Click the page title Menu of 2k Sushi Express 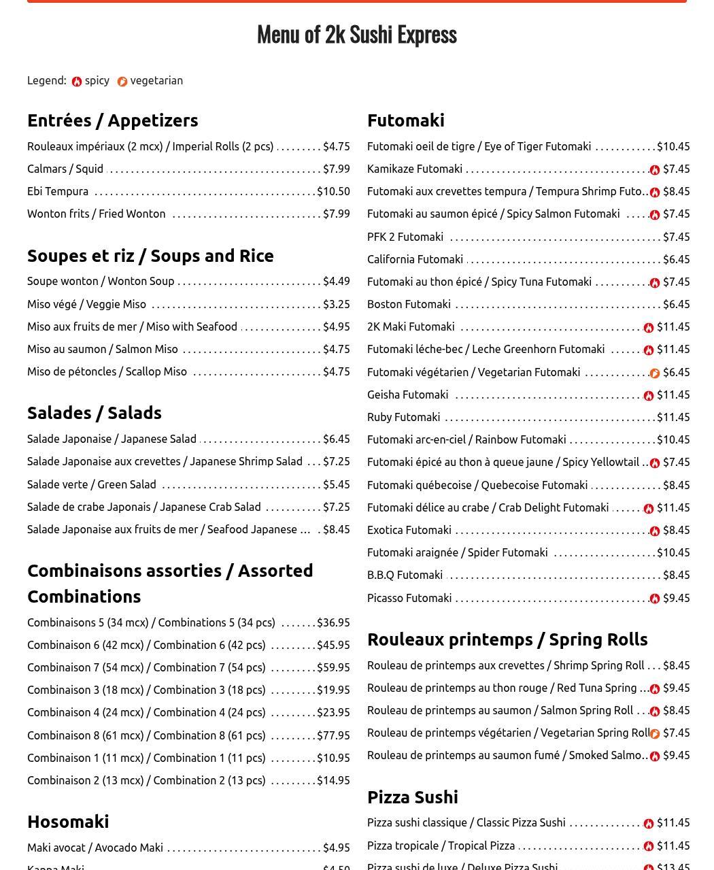click(x=356, y=34)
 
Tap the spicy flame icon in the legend click(x=77, y=82)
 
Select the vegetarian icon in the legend click(x=122, y=82)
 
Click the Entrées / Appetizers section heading click(x=113, y=120)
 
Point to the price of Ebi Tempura click(x=333, y=192)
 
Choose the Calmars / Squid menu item click(x=65, y=169)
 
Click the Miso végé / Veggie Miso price click(x=336, y=304)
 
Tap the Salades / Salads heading click(x=95, y=413)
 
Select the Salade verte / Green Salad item click(x=92, y=484)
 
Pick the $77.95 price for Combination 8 click(x=333, y=735)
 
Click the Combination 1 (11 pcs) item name click(x=146, y=758)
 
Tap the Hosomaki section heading click(x=68, y=822)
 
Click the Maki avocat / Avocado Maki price click(x=336, y=848)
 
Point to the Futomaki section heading click(x=406, y=120)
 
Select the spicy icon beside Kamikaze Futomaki click(x=655, y=169)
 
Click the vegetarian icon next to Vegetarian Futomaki click(x=655, y=373)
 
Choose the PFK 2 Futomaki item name click(x=405, y=237)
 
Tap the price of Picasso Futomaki click(x=676, y=598)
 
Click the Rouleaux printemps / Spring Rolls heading click(x=507, y=639)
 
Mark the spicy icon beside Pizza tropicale click(x=649, y=846)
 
